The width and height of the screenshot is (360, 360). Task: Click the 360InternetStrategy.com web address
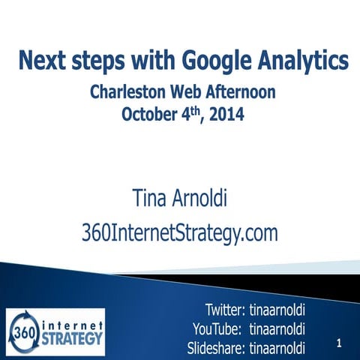tap(179, 233)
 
